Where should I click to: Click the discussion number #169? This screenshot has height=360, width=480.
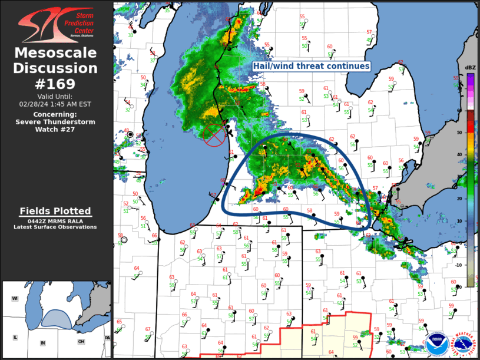click(x=56, y=84)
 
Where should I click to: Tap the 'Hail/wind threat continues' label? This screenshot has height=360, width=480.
click(x=312, y=67)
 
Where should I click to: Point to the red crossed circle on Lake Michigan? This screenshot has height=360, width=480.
click(x=214, y=135)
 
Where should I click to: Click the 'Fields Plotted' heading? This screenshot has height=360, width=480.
click(x=55, y=211)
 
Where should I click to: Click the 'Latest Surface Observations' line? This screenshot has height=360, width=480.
click(x=55, y=227)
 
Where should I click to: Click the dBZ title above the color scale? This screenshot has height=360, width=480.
click(x=470, y=68)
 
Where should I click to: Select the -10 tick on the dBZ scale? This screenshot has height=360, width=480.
click(x=459, y=265)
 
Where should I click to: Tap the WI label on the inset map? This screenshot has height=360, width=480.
click(x=15, y=299)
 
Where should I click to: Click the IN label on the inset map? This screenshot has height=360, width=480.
click(x=42, y=343)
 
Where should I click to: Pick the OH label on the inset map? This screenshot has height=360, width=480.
click(x=81, y=341)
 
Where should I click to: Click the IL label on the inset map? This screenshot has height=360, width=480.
click(x=15, y=338)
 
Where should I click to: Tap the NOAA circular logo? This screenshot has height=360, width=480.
click(x=437, y=344)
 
